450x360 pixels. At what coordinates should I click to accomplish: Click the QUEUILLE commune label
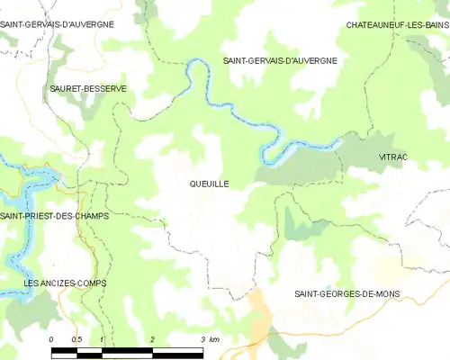[209, 184]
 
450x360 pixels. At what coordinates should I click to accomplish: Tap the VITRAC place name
[393, 157]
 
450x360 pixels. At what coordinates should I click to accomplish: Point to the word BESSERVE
[107, 88]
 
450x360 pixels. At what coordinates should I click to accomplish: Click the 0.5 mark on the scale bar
[77, 339]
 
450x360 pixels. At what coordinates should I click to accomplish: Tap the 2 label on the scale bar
[153, 339]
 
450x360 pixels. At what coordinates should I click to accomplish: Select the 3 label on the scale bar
[203, 339]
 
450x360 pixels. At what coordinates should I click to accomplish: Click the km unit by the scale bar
[214, 339]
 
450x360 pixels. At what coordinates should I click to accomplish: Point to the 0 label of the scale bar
[51, 339]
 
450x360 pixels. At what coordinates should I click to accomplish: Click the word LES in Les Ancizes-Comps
[32, 283]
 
